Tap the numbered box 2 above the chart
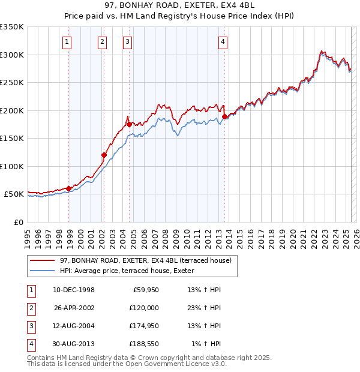[x=103, y=41]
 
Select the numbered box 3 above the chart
[x=128, y=41]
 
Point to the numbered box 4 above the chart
[x=223, y=41]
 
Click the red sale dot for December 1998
[x=69, y=188]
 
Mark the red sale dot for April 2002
[x=104, y=155]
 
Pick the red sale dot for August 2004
[x=129, y=125]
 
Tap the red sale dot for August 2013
[x=224, y=117]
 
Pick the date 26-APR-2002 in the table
[x=74, y=308]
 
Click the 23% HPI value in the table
[x=204, y=308]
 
